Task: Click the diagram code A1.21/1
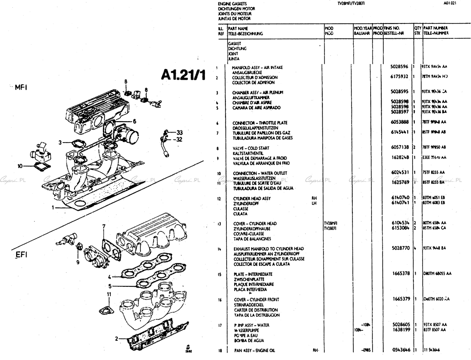183,75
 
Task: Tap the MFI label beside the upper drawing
21,87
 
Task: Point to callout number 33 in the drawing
180,132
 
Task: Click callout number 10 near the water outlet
20,166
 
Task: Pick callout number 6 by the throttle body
134,121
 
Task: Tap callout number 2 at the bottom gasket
116,338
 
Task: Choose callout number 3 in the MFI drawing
60,142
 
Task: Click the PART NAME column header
238,28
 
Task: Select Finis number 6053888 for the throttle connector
399,123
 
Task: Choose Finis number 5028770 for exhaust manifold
399,249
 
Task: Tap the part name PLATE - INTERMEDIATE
253,274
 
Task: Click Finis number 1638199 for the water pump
399,330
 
